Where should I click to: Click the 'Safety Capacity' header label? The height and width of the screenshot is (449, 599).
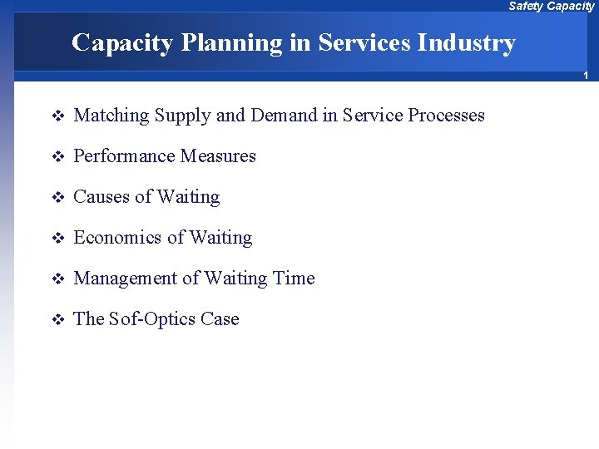coord(551,7)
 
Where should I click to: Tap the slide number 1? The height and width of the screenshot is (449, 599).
coord(586,76)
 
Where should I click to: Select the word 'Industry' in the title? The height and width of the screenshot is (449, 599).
coord(472,42)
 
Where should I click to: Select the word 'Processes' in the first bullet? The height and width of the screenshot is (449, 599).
coord(446,116)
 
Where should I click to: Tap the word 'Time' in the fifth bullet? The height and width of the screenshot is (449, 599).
coord(294,279)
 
